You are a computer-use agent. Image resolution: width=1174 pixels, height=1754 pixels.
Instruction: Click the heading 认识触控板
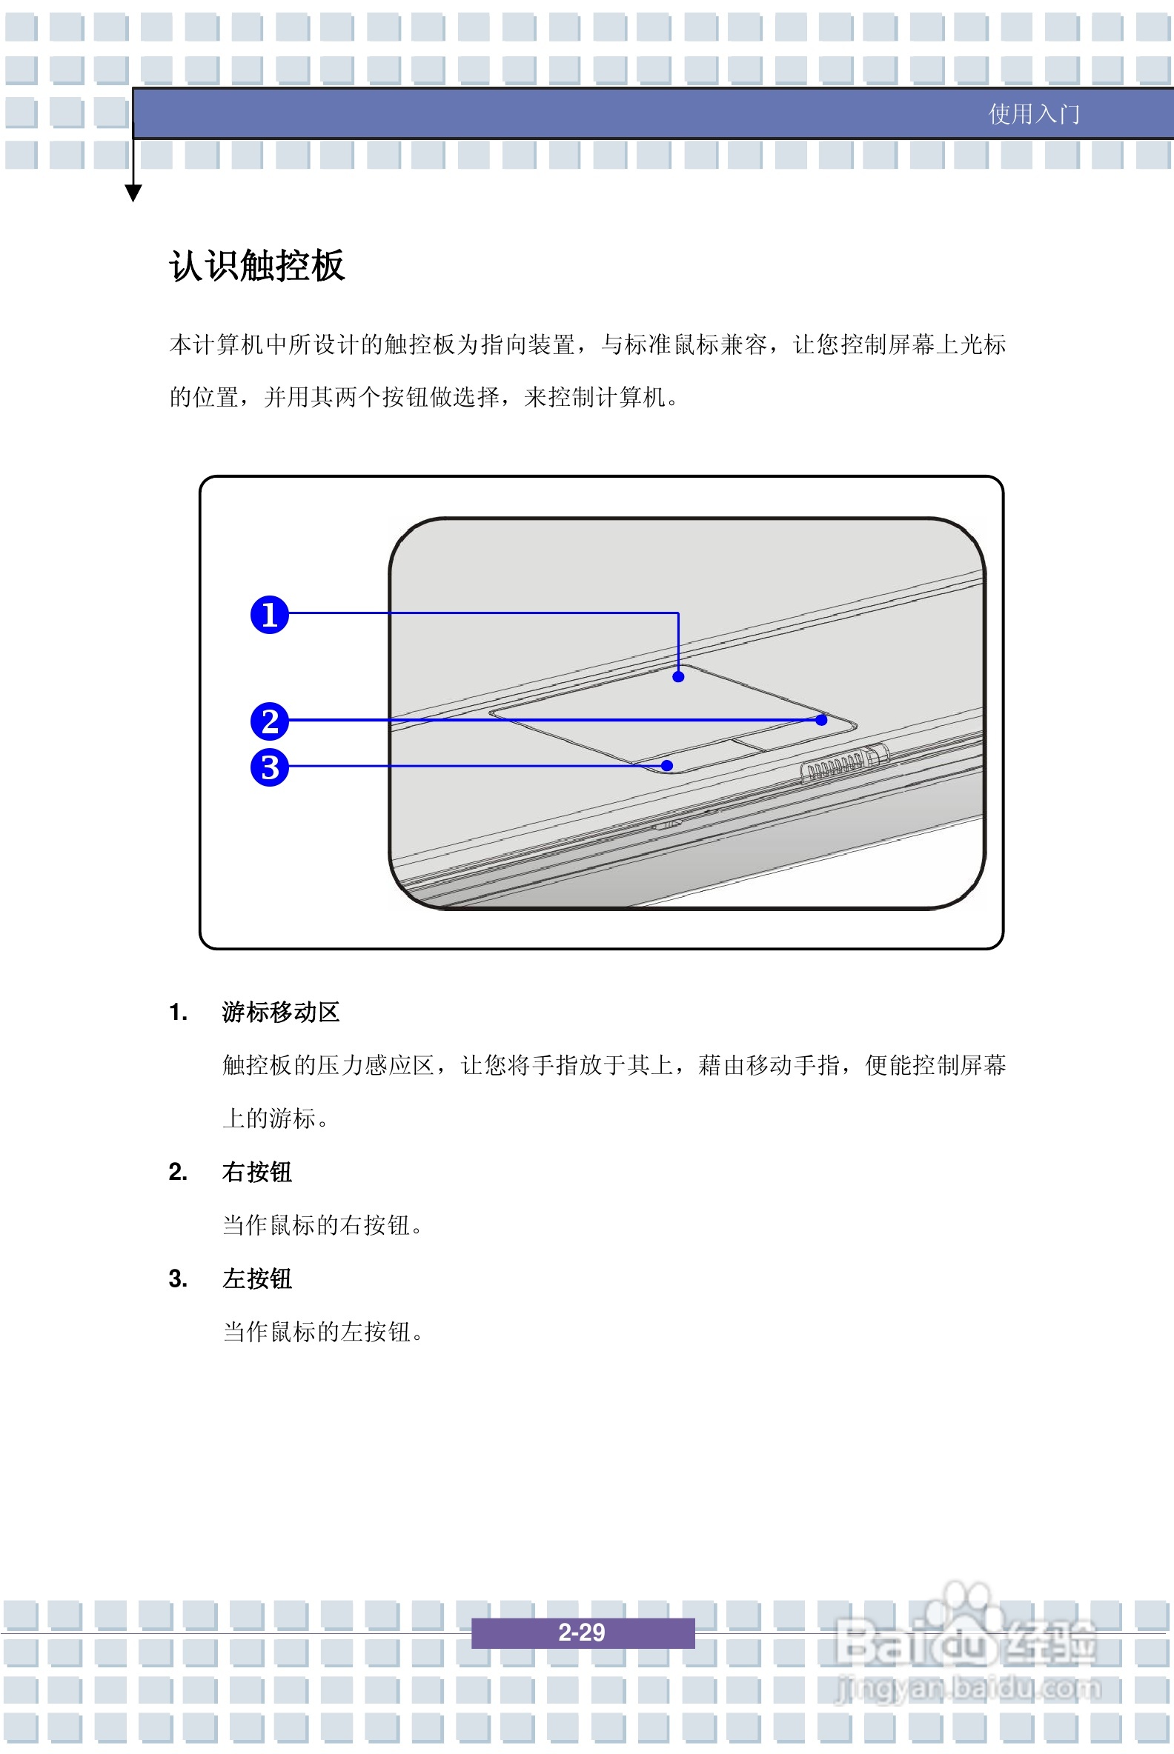point(256,266)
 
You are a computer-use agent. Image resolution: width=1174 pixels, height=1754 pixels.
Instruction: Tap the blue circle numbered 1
point(270,614)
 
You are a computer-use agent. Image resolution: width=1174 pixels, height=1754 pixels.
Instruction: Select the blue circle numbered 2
point(270,721)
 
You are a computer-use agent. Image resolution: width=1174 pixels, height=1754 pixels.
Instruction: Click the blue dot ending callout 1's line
point(678,676)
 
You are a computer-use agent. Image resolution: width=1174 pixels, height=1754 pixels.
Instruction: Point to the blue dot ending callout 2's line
point(821,720)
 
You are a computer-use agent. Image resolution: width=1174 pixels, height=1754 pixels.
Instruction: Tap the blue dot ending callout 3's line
point(667,765)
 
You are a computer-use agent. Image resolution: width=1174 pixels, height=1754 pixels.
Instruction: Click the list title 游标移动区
point(281,1012)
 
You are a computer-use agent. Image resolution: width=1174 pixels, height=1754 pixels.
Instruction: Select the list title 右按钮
point(256,1172)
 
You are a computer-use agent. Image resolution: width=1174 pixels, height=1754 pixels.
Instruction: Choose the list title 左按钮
point(256,1278)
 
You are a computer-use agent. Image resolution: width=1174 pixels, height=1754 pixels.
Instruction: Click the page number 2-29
point(582,1632)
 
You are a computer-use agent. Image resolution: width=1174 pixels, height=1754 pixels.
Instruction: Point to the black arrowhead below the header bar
point(133,193)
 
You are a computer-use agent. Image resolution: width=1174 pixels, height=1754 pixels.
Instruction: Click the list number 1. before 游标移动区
point(177,1013)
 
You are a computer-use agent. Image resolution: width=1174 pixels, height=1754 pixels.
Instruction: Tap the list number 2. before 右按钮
point(177,1172)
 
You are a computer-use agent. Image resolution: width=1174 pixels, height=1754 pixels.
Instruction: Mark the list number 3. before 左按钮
point(177,1278)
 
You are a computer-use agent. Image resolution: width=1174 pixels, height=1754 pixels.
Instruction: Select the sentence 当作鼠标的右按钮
point(322,1225)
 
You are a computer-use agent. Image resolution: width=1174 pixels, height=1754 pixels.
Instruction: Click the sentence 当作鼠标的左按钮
point(322,1332)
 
